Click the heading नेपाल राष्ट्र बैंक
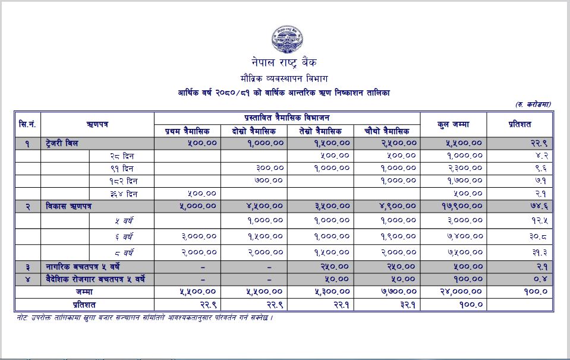[x=284, y=62]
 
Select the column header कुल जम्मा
[x=453, y=124]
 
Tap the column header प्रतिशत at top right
[x=519, y=124]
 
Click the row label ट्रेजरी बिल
[x=62, y=143]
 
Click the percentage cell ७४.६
[x=537, y=206]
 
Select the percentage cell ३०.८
[x=537, y=236]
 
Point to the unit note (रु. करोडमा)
[x=533, y=105]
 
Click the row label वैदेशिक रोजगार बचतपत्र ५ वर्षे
[x=95, y=279]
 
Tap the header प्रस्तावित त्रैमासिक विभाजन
[x=287, y=118]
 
